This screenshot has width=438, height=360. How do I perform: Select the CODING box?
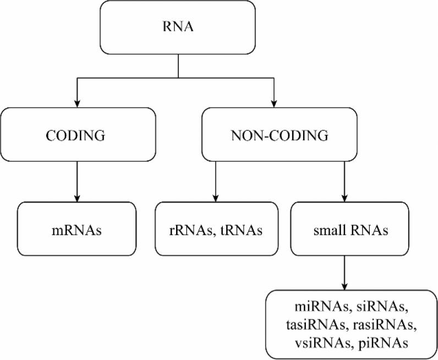(x=75, y=135)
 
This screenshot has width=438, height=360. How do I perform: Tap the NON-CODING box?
(x=274, y=135)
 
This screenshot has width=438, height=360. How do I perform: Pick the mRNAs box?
(x=75, y=228)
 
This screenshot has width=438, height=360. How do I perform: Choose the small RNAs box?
(x=344, y=228)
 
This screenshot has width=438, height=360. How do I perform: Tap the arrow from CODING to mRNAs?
(x=75, y=182)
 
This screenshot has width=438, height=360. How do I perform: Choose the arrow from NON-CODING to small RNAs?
(x=344, y=182)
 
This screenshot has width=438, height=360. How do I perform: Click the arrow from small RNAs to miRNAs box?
(x=344, y=275)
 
